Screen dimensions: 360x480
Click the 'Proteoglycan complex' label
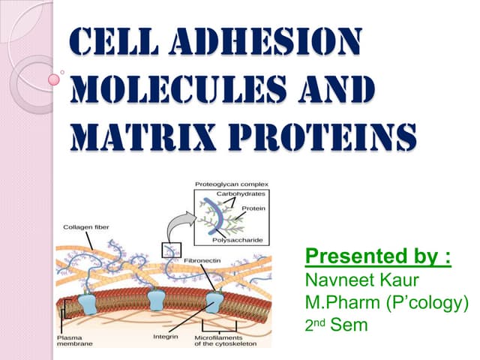(x=232, y=184)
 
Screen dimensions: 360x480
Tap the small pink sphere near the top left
(x=54, y=78)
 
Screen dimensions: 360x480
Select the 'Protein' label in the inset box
(x=254, y=208)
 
